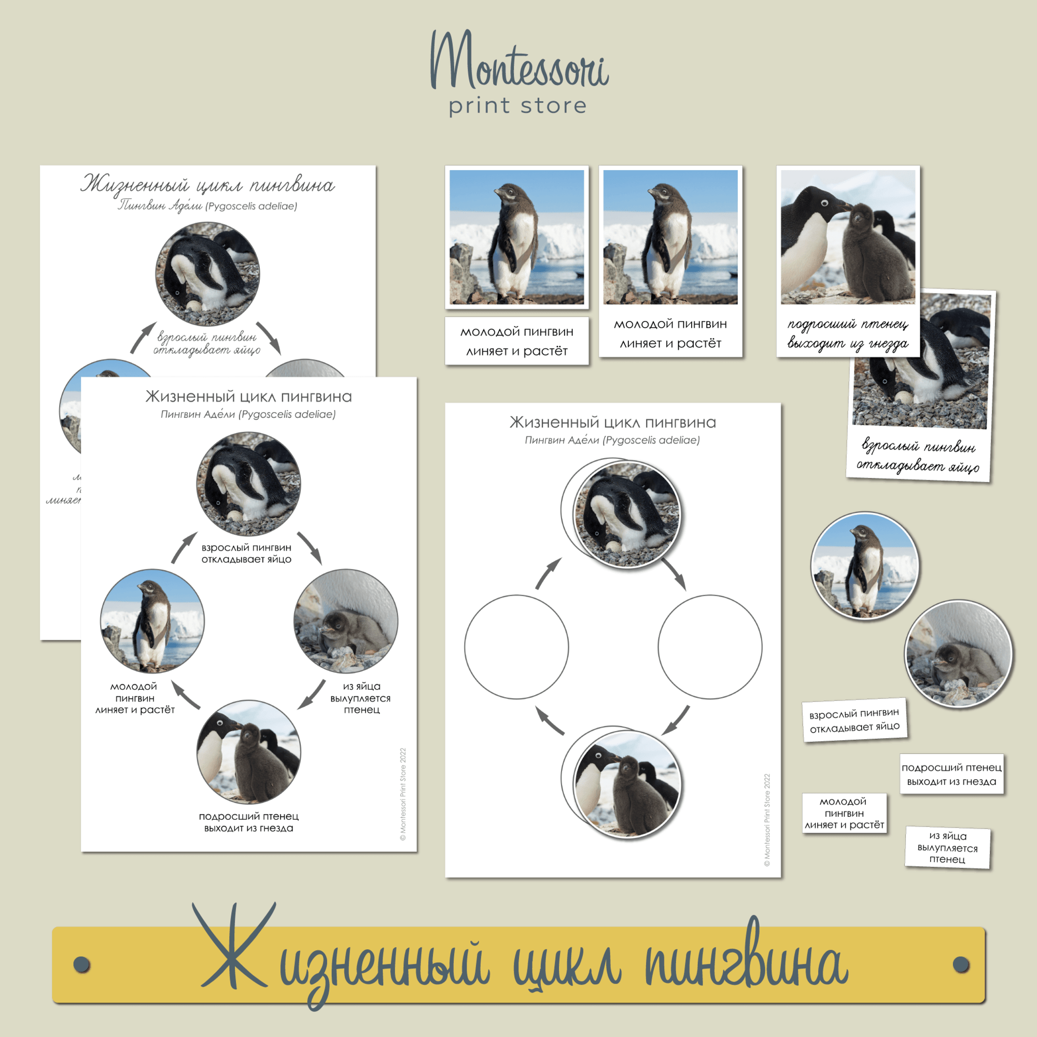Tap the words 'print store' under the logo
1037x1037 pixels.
click(517, 106)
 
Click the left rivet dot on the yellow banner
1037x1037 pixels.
click(81, 964)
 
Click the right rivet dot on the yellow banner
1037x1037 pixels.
click(961, 964)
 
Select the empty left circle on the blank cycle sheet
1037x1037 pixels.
click(516, 647)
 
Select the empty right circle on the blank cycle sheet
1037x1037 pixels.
click(710, 647)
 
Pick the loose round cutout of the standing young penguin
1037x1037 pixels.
click(864, 566)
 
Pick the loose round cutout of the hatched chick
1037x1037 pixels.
click(958, 654)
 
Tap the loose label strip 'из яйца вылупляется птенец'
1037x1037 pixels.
click(947, 847)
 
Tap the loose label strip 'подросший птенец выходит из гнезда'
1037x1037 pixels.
click(951, 775)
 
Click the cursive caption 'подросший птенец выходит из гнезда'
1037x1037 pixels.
click(848, 333)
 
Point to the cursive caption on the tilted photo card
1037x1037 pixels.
click(918, 456)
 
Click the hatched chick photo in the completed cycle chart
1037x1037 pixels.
click(346, 622)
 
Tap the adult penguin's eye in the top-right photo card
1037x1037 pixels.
click(824, 203)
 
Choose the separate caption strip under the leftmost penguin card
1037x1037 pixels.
click(516, 341)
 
